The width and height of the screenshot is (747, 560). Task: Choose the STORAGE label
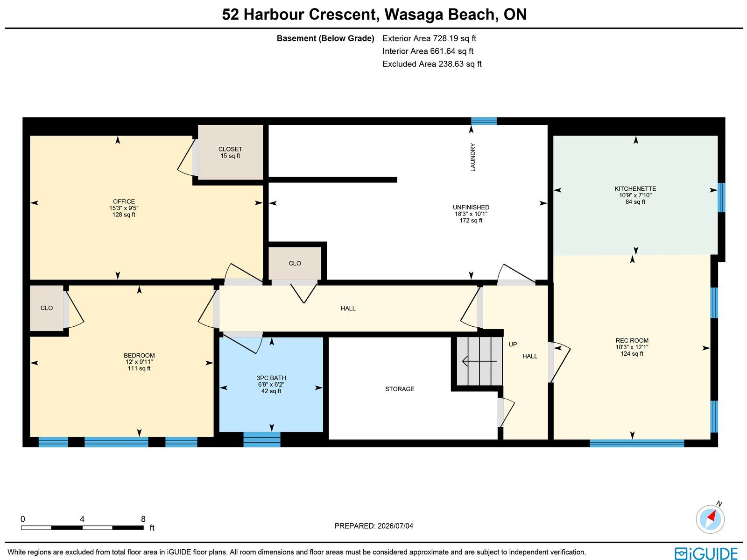coord(400,389)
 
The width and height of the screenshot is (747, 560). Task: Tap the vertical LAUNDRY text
coord(472,157)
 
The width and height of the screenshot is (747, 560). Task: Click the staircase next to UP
coord(479,361)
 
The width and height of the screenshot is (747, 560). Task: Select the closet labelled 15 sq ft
coord(230,152)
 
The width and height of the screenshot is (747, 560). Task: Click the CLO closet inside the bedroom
coord(47,308)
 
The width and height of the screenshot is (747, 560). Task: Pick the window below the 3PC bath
coord(262,439)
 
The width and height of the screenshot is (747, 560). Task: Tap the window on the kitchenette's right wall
coord(721,198)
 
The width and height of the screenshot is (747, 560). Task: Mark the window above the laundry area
coord(484,121)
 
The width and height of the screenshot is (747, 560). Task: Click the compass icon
coord(710,519)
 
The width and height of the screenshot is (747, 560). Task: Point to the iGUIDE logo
coord(706,553)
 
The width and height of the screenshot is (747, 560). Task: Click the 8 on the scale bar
coord(143,519)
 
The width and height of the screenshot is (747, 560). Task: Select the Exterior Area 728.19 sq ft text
coord(429,38)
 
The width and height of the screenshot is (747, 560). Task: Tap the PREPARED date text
coord(373,526)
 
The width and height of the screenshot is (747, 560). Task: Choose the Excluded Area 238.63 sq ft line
coord(432,64)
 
